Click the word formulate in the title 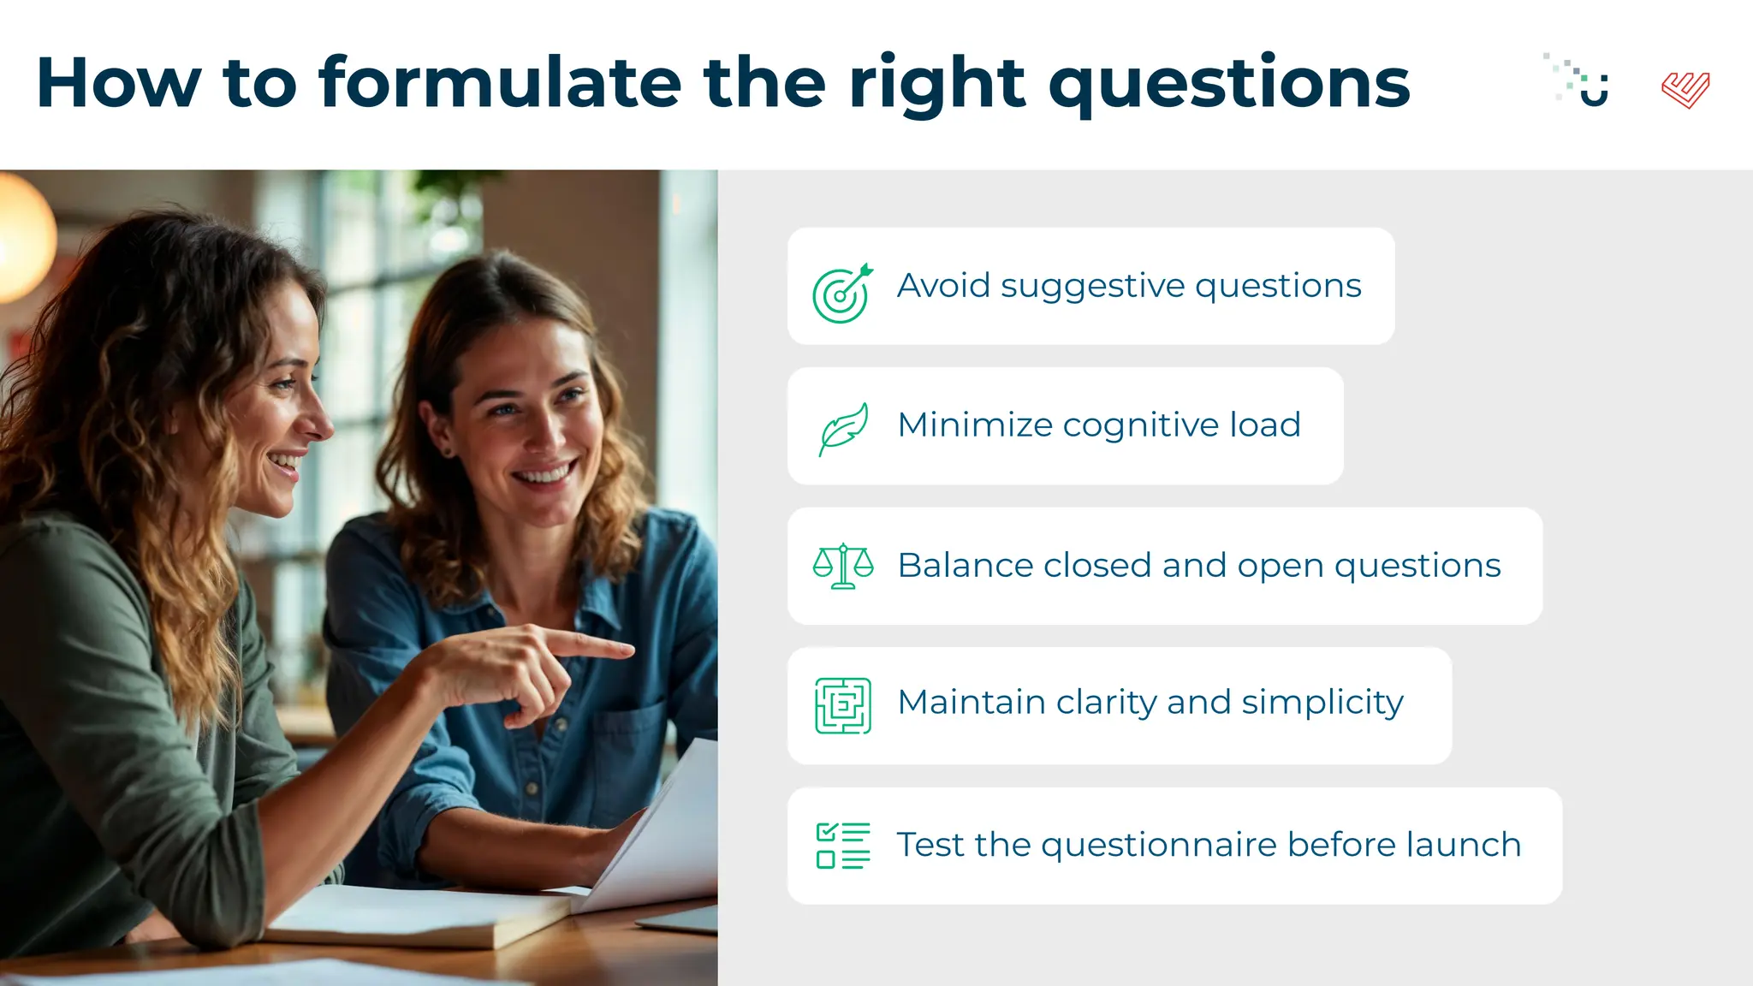pyautogui.click(x=500, y=83)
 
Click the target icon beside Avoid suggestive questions pyautogui.click(x=842, y=294)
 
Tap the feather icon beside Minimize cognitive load pyautogui.click(x=843, y=428)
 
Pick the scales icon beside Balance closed pyautogui.click(x=843, y=566)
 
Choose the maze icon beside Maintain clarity pyautogui.click(x=843, y=705)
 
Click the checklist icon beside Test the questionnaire pyautogui.click(x=843, y=846)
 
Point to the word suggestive pyautogui.click(x=1092, y=287)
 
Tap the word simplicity pyautogui.click(x=1322, y=704)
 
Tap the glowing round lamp pyautogui.click(x=21, y=235)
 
